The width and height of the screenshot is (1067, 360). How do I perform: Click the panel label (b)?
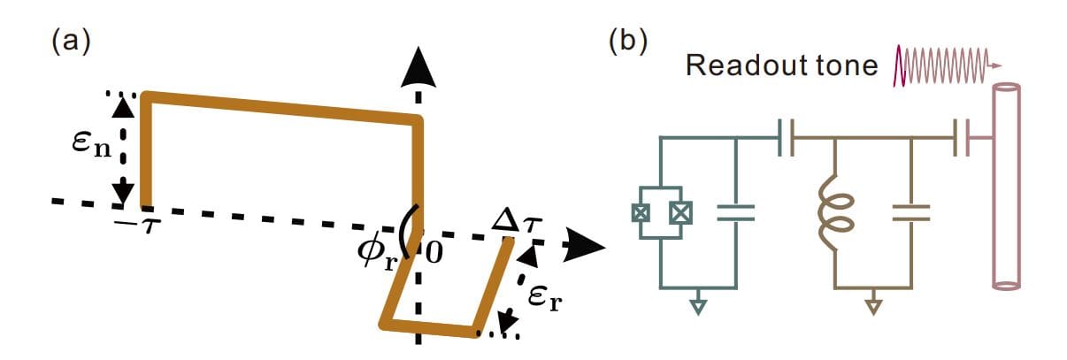point(628,42)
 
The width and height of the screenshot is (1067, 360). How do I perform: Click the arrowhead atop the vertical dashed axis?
point(418,66)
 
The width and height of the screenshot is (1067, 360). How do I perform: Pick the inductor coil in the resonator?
point(833,212)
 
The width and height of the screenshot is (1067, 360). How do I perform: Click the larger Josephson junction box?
point(680,212)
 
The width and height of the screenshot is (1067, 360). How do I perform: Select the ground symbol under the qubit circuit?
point(697,306)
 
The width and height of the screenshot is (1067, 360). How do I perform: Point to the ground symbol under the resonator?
point(873,306)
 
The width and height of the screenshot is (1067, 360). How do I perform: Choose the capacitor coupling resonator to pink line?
point(963,139)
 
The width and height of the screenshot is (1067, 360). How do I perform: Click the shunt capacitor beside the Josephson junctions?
point(735,211)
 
